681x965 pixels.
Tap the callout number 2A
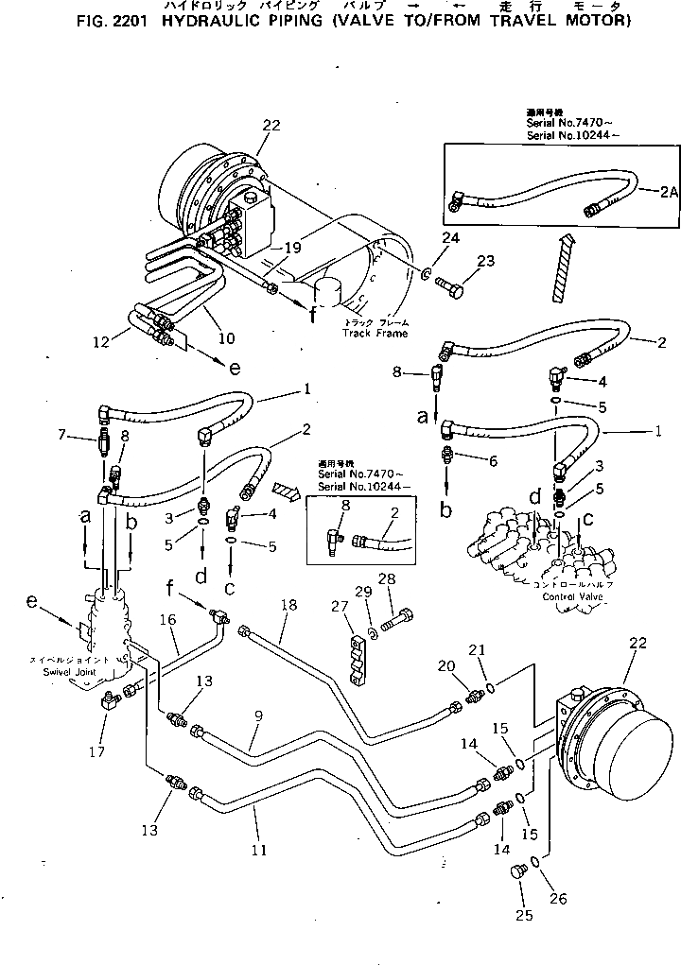click(669, 192)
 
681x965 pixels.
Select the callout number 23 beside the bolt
click(486, 263)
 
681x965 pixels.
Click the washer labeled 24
click(428, 273)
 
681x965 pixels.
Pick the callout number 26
click(558, 899)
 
